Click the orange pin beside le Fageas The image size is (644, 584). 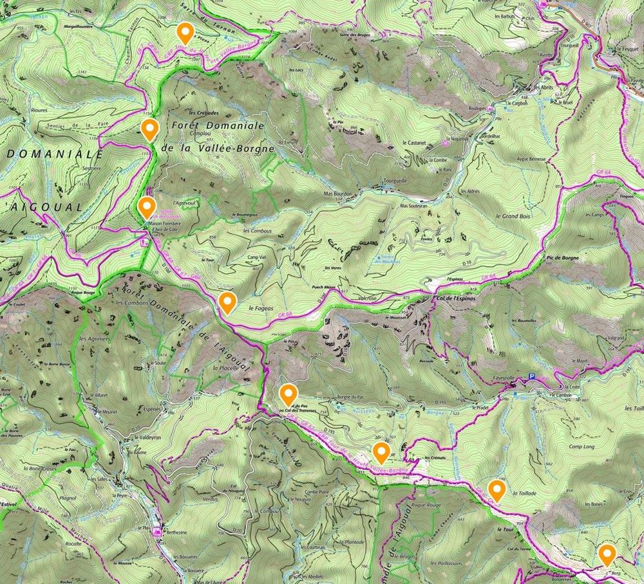click(227, 301)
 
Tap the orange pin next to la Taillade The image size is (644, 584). click(496, 489)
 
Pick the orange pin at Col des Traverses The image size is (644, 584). click(288, 392)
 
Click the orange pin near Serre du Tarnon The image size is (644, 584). click(185, 32)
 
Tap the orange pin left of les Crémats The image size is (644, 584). click(381, 452)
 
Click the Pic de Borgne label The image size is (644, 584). click(562, 258)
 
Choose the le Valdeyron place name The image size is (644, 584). click(146, 437)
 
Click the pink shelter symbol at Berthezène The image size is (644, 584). click(156, 531)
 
